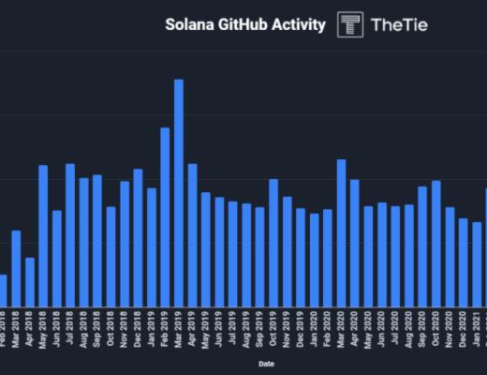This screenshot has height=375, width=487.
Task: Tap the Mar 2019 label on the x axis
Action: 178,329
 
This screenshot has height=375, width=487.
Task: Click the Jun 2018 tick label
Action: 57,329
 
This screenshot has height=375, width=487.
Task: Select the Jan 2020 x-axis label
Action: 314,329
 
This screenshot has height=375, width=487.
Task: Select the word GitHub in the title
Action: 242,24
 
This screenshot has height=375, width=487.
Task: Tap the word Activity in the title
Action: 299,24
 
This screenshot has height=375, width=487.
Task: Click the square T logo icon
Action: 351,25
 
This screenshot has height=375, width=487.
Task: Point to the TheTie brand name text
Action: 399,25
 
